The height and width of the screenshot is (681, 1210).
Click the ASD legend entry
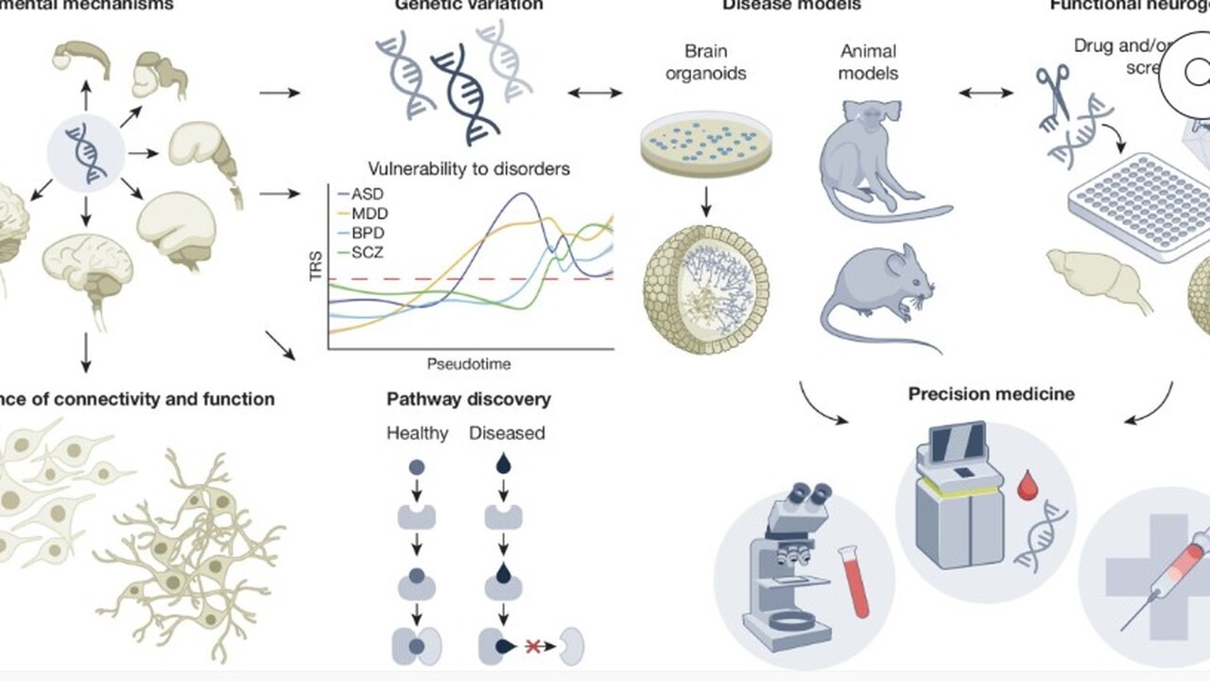pyautogui.click(x=367, y=193)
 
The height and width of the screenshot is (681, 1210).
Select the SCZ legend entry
pyautogui.click(x=367, y=253)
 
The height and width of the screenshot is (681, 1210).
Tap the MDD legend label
pyautogui.click(x=369, y=213)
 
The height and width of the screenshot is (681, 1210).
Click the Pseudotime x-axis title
pyautogui.click(x=469, y=363)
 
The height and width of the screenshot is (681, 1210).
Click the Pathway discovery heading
pyautogui.click(x=468, y=399)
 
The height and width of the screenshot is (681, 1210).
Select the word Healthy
pyautogui.click(x=417, y=434)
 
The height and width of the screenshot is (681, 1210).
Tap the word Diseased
pyautogui.click(x=507, y=434)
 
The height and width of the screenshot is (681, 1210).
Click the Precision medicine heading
pyautogui.click(x=991, y=393)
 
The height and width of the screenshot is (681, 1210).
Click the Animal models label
pyautogui.click(x=868, y=61)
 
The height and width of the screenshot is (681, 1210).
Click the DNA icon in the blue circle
pyautogui.click(x=85, y=151)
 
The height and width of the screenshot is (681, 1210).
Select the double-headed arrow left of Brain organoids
pyautogui.click(x=596, y=93)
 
